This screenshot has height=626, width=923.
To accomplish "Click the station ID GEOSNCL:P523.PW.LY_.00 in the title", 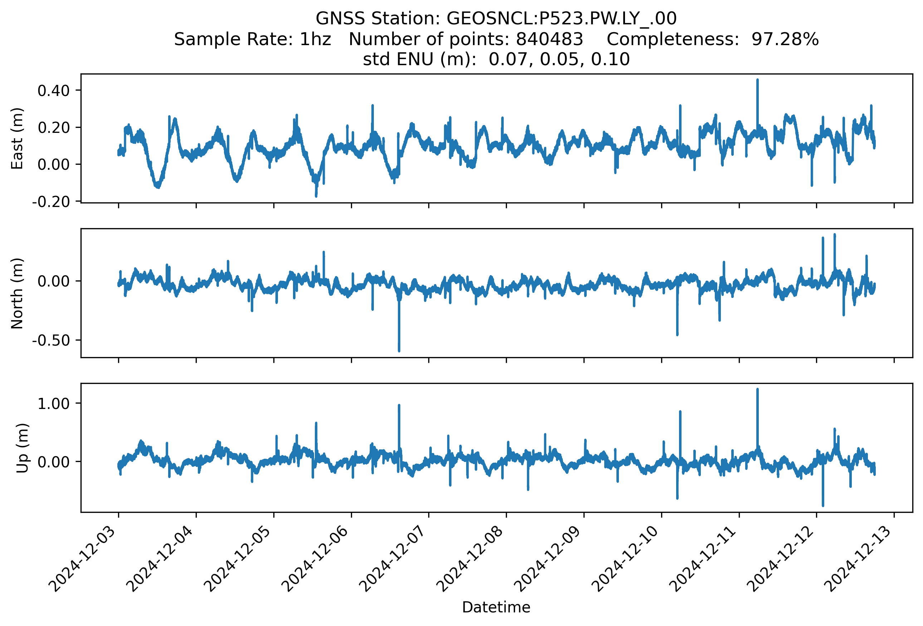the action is click(x=562, y=19).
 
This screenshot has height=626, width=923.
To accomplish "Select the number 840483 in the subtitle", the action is click(x=549, y=39).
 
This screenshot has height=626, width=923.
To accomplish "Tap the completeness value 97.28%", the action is click(x=785, y=39).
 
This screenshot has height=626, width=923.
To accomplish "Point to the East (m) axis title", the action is click(x=17, y=138).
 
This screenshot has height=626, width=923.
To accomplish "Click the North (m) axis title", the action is click(x=17, y=293).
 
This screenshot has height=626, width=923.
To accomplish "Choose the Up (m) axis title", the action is click(x=22, y=448).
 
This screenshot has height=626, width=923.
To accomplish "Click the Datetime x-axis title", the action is click(x=496, y=607).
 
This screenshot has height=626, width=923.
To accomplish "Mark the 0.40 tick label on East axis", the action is click(x=54, y=91).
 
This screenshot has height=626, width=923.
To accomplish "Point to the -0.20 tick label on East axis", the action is click(x=51, y=202).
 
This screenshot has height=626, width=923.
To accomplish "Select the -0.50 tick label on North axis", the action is click(x=51, y=340).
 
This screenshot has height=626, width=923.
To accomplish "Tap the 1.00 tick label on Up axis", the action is click(x=54, y=403).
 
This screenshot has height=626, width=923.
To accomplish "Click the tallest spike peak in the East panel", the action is click(x=757, y=80).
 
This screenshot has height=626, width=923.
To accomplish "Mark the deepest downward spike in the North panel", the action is click(x=399, y=351).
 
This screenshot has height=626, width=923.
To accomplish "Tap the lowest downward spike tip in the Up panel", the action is click(x=823, y=506).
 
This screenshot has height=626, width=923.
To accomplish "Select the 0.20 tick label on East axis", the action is click(x=54, y=127).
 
